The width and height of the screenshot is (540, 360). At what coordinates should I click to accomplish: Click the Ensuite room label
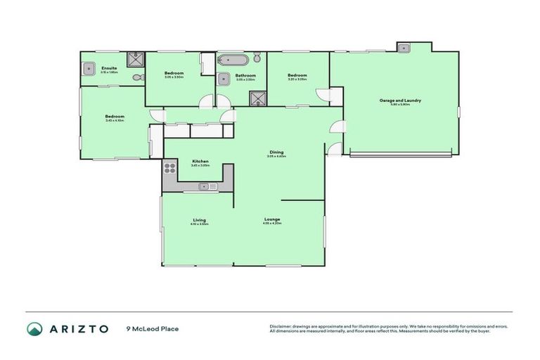108,68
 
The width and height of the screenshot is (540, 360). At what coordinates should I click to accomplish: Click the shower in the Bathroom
258,99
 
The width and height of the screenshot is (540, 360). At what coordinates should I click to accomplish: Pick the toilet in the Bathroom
258,58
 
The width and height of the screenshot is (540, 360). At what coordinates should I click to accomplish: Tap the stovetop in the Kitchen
169,168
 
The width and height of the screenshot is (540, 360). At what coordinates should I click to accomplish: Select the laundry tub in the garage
404,49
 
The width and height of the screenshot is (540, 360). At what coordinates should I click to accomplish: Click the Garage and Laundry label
400,101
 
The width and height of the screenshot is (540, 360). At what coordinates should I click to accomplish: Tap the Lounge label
272,219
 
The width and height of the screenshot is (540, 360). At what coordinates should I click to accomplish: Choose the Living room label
199,220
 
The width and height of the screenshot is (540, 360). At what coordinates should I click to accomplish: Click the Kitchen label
200,162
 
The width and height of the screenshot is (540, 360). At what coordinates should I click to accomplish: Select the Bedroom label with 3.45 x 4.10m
115,117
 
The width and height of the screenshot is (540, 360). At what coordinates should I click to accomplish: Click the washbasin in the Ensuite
89,68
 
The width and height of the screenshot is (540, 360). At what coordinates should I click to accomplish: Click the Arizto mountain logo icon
35,329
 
